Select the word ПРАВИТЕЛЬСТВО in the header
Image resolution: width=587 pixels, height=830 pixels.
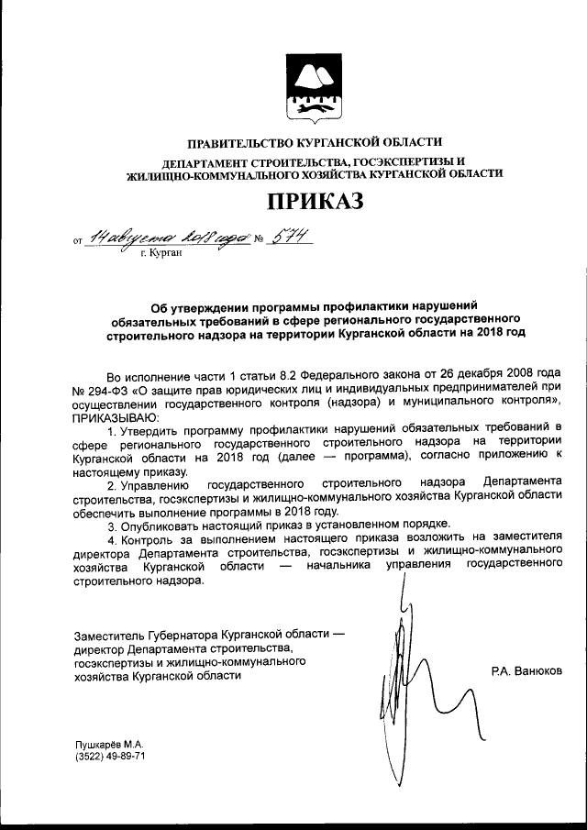click(x=239, y=142)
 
